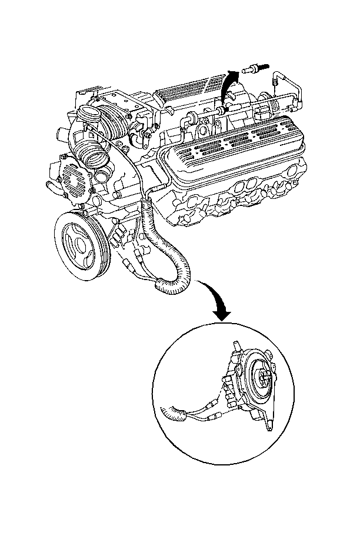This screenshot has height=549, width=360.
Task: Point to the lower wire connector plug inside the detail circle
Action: [213, 416]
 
